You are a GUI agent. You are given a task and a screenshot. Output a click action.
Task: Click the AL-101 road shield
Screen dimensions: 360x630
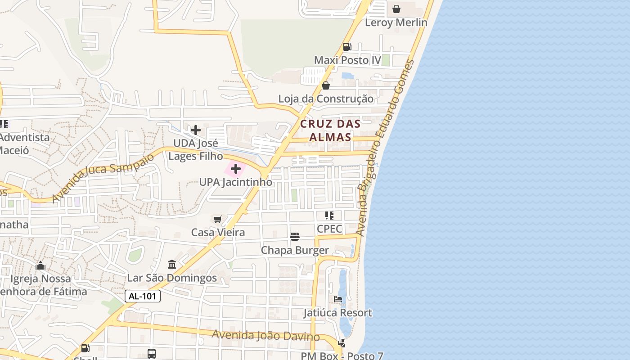142,296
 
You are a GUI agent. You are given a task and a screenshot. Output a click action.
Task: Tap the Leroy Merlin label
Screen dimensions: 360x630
396,22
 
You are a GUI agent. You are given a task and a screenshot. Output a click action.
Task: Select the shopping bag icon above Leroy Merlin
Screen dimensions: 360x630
396,9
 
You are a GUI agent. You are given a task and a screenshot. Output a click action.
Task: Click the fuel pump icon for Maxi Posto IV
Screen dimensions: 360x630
347,46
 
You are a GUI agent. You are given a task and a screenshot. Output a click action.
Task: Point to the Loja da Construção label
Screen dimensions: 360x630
325,99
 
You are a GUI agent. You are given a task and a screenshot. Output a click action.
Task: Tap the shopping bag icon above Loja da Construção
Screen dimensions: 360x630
326,85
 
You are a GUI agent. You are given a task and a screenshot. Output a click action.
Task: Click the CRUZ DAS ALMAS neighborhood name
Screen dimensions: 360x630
330,130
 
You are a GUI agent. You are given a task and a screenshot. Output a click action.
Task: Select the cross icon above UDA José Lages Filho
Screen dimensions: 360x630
196,130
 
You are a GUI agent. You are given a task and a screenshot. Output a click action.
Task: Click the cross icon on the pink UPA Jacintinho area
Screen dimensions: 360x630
236,169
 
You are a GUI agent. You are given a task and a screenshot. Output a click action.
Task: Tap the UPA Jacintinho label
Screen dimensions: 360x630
236,182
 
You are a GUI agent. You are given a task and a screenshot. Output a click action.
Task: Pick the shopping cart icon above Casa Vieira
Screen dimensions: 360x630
218,219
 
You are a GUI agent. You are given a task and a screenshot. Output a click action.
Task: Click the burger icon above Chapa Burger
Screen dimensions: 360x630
295,237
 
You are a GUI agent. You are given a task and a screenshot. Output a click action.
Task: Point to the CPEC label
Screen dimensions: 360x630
329,229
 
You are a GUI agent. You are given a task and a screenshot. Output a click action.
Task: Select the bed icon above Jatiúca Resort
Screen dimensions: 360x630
338,299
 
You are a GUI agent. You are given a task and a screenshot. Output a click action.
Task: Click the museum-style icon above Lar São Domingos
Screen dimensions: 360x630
172,264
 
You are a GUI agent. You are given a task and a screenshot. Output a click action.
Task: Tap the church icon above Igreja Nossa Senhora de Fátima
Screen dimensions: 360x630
40,265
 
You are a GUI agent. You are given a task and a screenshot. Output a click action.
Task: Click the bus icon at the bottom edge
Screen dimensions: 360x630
152,353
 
